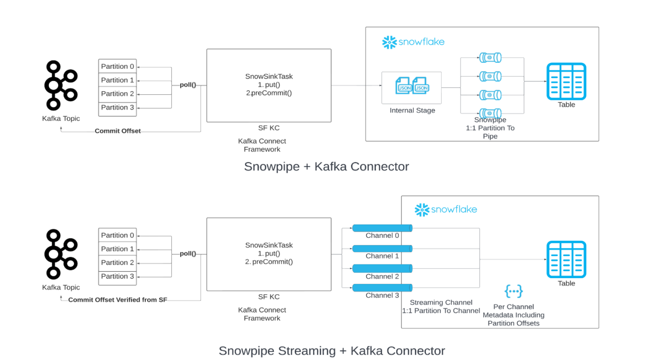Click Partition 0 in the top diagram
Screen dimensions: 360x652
point(117,66)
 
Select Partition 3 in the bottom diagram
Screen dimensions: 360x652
point(117,276)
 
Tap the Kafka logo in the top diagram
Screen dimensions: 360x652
point(61,85)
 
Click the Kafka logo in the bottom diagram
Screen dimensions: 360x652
point(61,254)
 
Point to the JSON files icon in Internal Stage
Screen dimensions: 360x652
point(412,86)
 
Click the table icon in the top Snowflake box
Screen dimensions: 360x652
point(566,82)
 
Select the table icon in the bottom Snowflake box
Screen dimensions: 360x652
point(566,259)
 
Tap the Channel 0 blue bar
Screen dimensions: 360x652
point(382,228)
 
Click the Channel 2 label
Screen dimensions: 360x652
point(382,276)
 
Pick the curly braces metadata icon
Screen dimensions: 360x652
point(513,291)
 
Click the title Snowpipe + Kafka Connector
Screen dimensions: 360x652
point(326,166)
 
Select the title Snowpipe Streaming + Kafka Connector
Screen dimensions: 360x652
point(332,351)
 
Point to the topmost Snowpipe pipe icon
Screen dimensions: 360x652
point(490,57)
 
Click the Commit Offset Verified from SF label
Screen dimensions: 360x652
point(118,300)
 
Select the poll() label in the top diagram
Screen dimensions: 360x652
point(188,85)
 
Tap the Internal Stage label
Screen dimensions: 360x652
point(412,110)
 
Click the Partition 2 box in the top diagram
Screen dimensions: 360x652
point(117,94)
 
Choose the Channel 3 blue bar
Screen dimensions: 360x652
point(382,288)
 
